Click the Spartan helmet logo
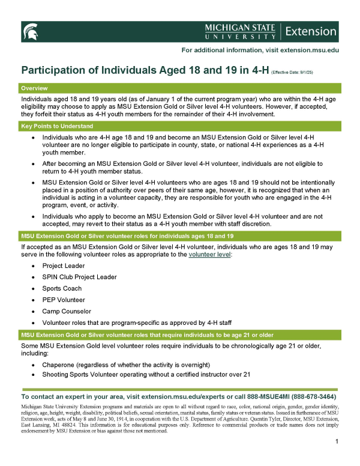point(31,30)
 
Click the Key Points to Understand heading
point(57,127)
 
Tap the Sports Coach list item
point(62,288)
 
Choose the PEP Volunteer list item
point(64,300)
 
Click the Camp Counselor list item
point(67,311)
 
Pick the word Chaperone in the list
point(60,365)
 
